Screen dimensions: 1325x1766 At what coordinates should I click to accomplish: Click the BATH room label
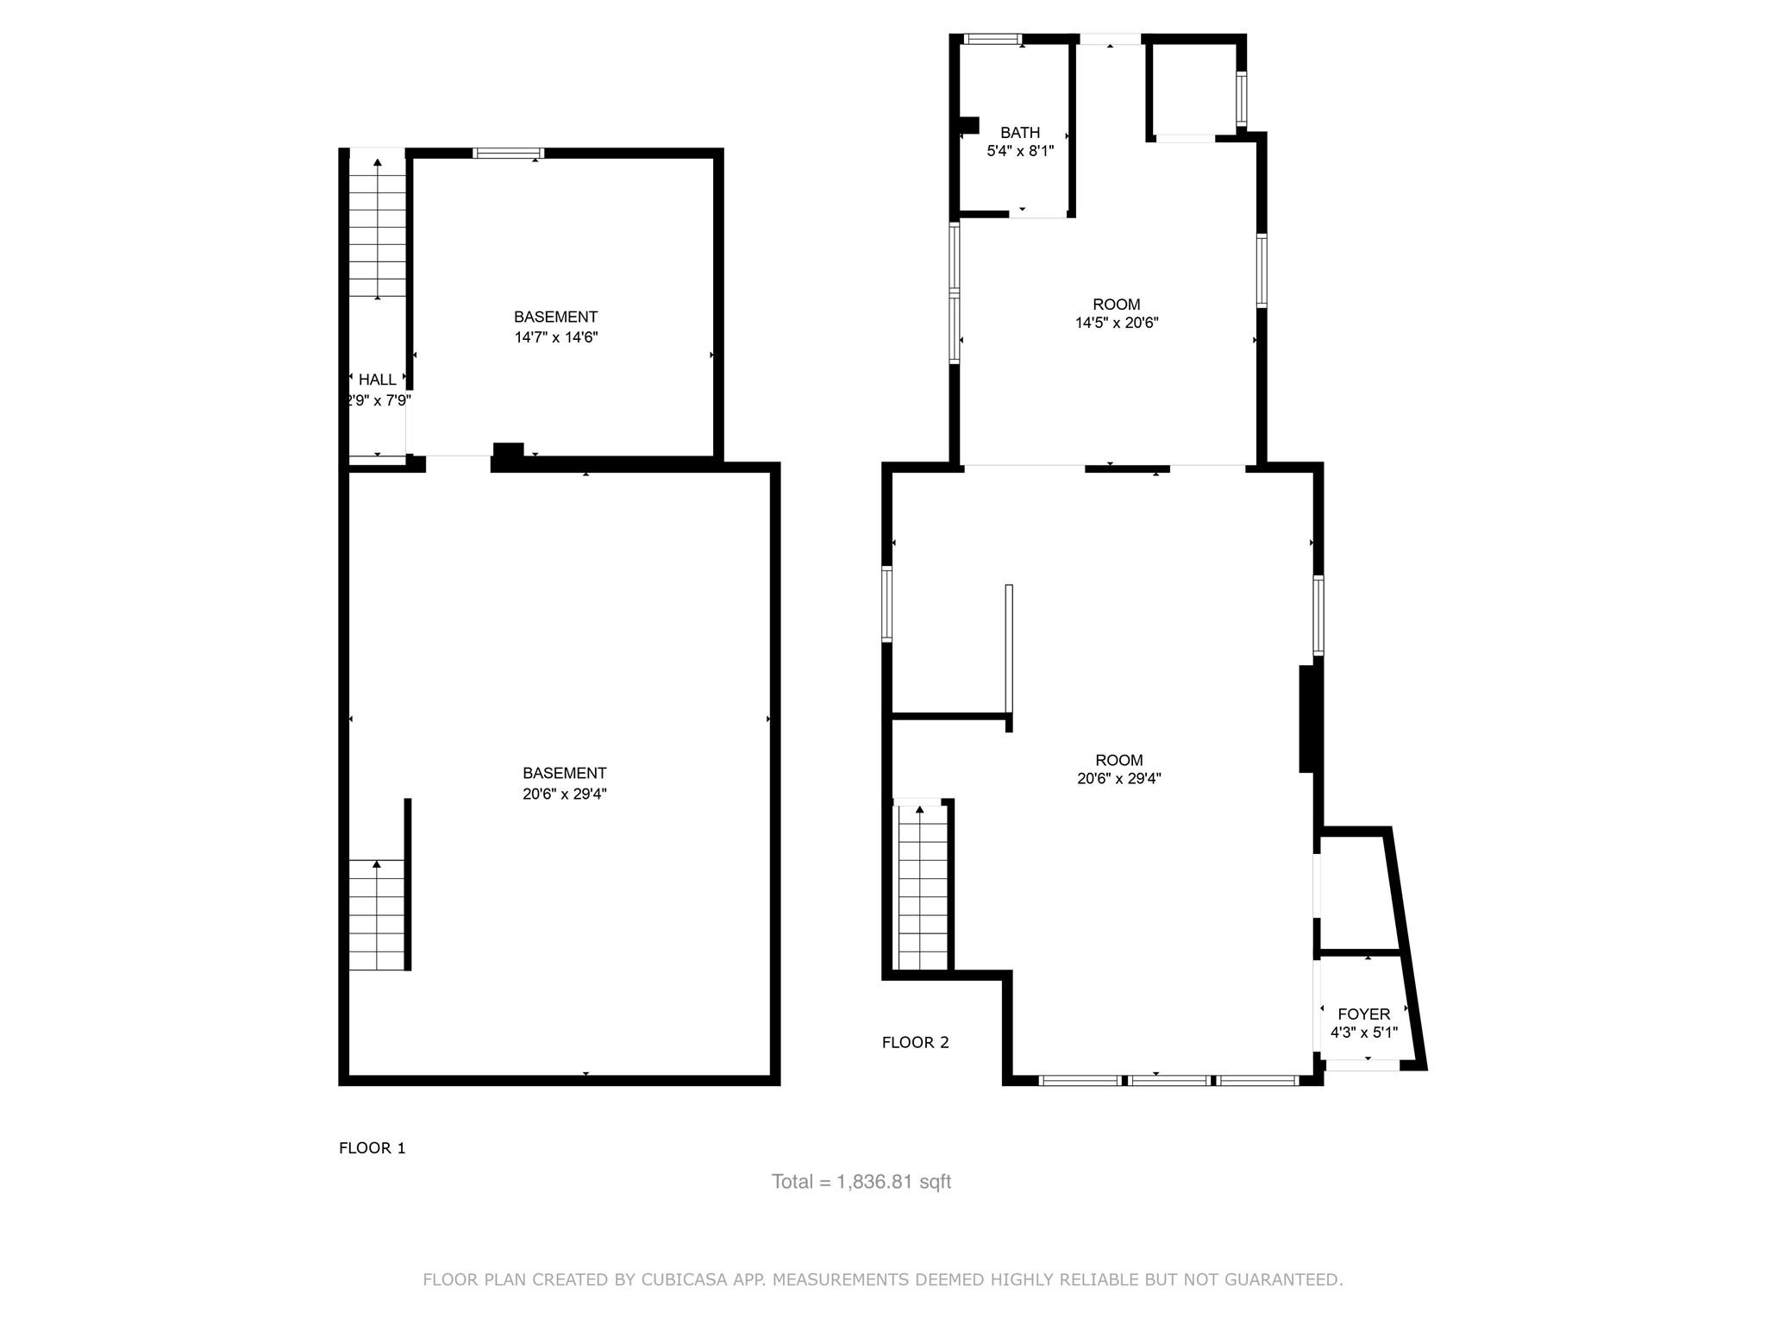tap(1019, 133)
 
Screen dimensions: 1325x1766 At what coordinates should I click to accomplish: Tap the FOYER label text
tap(1363, 1014)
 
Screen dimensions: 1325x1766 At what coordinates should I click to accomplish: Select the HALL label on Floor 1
tap(377, 380)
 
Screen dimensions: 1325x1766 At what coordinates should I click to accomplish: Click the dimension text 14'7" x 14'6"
tap(555, 337)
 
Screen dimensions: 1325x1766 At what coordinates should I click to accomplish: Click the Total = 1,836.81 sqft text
tap(861, 1182)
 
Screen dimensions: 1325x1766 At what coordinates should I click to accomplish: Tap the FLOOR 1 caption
tap(372, 1148)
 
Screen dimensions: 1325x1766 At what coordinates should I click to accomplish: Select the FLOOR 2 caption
tap(915, 1042)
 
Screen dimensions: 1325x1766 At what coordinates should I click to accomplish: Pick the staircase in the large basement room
tap(377, 914)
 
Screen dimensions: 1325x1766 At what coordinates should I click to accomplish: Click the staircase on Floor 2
tap(922, 889)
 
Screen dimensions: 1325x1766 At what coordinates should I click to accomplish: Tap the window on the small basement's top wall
tap(509, 154)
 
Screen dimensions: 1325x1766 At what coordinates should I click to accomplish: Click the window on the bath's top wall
tap(992, 39)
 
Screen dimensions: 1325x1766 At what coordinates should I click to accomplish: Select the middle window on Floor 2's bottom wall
tap(1169, 1080)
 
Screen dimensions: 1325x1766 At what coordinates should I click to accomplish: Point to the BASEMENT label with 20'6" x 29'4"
tap(564, 774)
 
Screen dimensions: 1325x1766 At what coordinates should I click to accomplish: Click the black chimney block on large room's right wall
tap(1307, 718)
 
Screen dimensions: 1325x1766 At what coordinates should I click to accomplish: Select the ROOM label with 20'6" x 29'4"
tap(1118, 760)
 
